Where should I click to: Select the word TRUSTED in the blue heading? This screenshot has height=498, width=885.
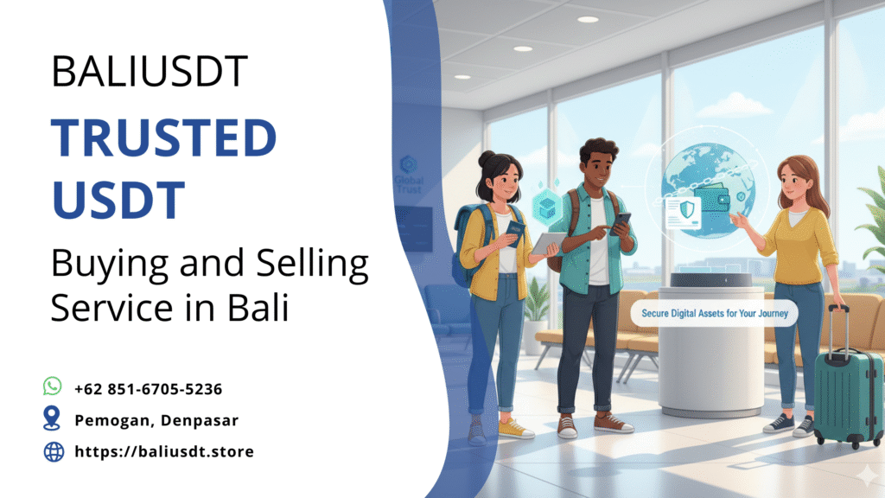(x=163, y=139)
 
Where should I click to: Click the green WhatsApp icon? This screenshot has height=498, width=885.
(x=53, y=386)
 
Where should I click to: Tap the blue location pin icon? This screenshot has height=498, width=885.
(x=53, y=418)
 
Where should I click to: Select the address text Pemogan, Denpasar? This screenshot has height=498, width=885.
(x=156, y=420)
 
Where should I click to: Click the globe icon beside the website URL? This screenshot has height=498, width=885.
(x=54, y=451)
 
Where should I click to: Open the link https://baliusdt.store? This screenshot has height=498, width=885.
(x=164, y=451)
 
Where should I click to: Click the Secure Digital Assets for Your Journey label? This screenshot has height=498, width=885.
(x=714, y=314)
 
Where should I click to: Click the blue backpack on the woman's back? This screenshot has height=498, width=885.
(x=468, y=246)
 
